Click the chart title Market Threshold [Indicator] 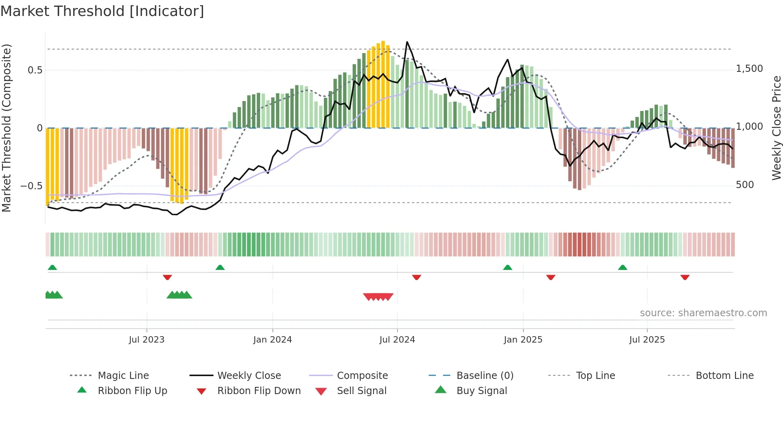click(102, 11)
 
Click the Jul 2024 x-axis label click(397, 340)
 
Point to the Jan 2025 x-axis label click(523, 340)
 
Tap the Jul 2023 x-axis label click(147, 340)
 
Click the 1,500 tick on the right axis click(749, 69)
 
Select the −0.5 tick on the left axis click(31, 186)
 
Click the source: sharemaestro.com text click(703, 313)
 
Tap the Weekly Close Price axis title click(776, 128)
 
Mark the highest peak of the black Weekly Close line click(407, 42)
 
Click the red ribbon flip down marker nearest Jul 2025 click(685, 277)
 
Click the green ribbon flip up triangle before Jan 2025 click(507, 268)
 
